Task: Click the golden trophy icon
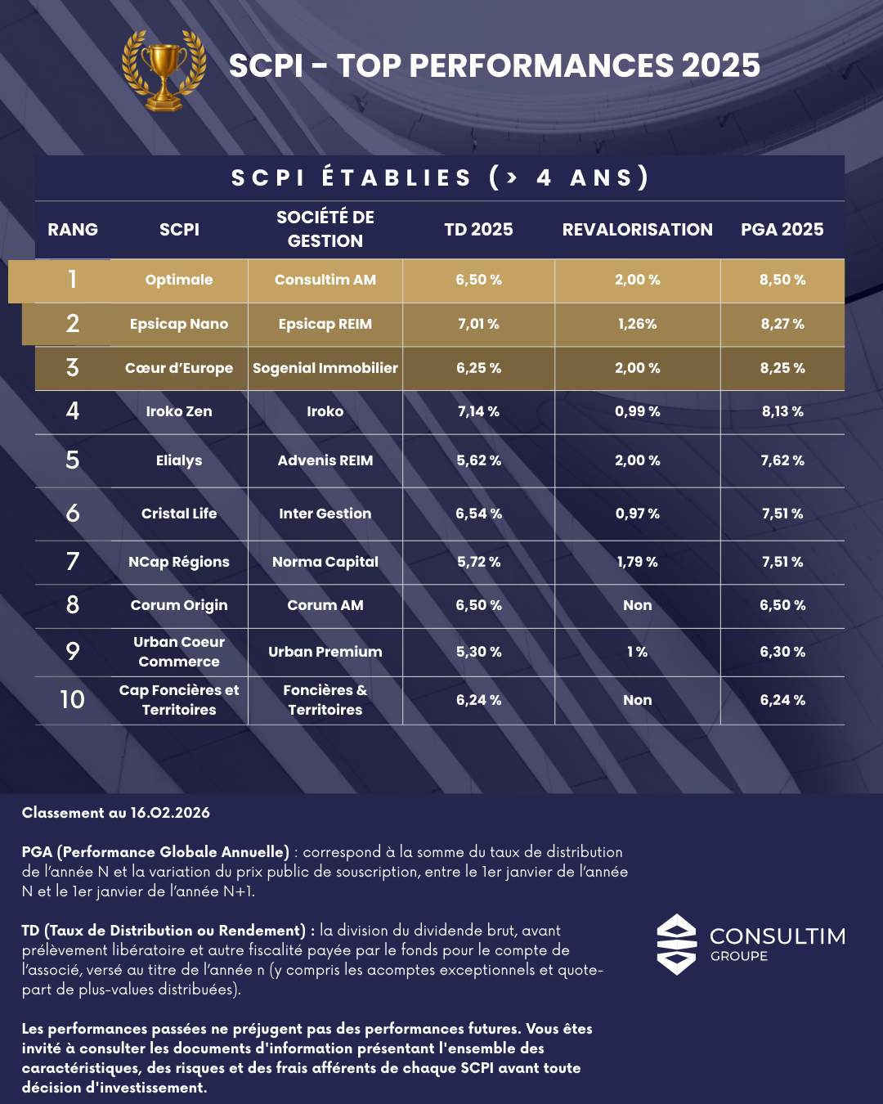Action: (164, 70)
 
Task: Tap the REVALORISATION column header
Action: (637, 230)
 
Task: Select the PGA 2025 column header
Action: (782, 230)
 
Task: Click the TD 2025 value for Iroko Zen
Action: (478, 411)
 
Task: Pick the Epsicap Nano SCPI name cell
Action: (179, 324)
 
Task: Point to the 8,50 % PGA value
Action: (782, 280)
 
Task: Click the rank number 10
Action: (73, 700)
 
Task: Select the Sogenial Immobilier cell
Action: (325, 368)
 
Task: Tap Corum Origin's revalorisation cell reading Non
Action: (637, 605)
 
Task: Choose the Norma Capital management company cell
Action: (325, 562)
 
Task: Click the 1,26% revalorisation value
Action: (637, 324)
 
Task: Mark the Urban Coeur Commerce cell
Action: (179, 652)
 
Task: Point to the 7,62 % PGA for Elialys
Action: (782, 460)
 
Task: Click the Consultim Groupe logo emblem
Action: (677, 945)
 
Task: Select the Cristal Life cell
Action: (179, 514)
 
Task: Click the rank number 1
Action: (73, 280)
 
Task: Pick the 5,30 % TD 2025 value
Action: (478, 652)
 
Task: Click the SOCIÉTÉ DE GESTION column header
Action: (325, 229)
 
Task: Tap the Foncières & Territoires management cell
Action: (325, 700)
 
